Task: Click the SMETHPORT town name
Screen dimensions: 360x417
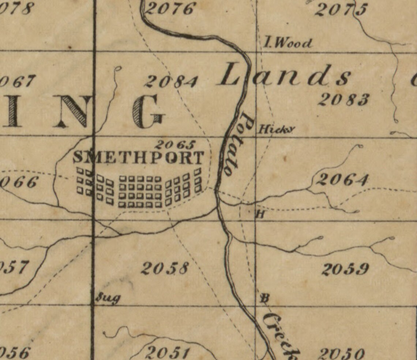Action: [x=138, y=158]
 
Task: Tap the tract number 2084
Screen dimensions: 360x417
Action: [x=172, y=82]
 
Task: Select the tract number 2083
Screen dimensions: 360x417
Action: [x=344, y=100]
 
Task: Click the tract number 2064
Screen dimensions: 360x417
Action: [x=342, y=180]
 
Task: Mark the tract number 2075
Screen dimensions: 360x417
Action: [x=341, y=10]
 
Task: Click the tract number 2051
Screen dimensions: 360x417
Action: [x=168, y=353]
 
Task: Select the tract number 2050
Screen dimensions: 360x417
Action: [x=341, y=354]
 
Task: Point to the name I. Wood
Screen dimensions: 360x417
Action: [x=288, y=43]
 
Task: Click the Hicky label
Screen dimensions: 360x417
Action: [x=276, y=129]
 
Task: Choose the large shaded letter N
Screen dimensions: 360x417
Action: [x=71, y=111]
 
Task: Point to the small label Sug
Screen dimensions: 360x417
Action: [x=108, y=298]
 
